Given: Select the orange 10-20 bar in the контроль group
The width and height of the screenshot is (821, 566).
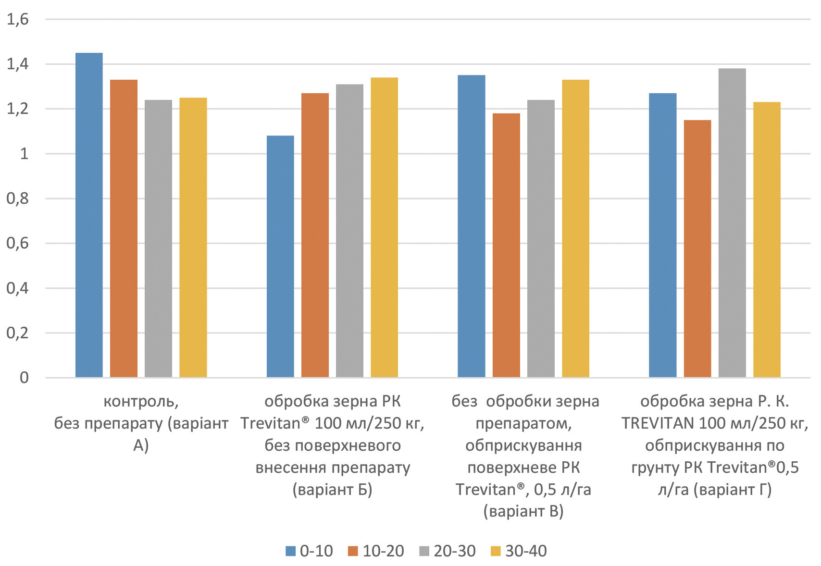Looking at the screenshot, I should point(124,229).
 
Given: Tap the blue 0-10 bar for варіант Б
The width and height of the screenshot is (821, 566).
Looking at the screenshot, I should point(280,257).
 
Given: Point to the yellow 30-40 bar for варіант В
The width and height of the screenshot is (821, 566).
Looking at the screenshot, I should point(575,229).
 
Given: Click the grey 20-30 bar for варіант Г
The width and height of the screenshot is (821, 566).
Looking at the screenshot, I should point(732,223).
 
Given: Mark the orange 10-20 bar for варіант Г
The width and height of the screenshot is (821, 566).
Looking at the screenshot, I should point(697,248).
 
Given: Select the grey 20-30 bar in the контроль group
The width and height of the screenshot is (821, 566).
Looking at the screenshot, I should point(158,239).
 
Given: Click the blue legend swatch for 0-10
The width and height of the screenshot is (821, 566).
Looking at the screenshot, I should point(290,551).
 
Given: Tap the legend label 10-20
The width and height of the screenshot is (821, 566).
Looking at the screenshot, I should point(383,551).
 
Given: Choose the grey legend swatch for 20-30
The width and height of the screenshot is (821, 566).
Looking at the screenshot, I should point(424,551).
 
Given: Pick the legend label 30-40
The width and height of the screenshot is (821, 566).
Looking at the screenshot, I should point(526,551).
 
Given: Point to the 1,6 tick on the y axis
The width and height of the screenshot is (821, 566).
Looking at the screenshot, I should point(18,20).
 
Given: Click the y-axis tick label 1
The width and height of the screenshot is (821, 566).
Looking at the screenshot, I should point(24,154).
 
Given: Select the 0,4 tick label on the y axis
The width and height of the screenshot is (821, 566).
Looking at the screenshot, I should point(18,288).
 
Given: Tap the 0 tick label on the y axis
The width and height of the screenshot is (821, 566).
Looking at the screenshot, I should point(24,378).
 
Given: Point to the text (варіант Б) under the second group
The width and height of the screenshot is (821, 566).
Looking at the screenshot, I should point(332,490).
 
